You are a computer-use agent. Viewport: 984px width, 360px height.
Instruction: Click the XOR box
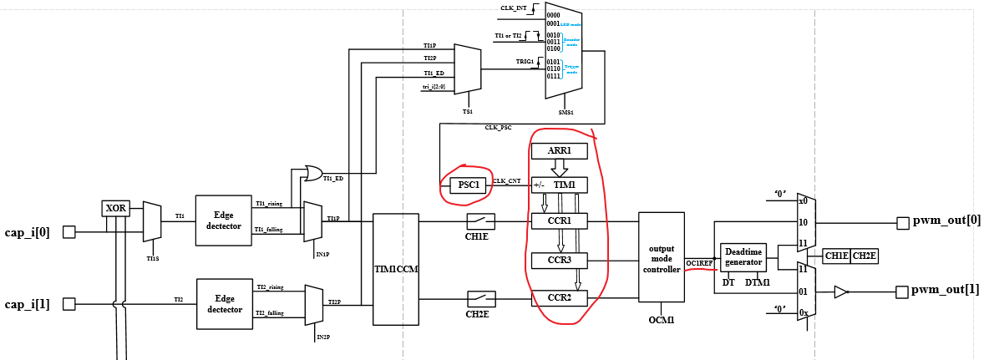click(x=117, y=209)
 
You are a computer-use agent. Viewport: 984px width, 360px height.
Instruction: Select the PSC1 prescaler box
click(x=468, y=185)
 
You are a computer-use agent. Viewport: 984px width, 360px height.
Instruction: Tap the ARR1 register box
click(x=559, y=151)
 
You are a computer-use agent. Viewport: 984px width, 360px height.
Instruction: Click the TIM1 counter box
click(x=559, y=185)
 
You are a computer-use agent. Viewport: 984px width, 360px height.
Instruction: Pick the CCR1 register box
click(x=559, y=221)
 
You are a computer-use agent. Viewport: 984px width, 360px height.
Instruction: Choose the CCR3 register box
click(x=559, y=261)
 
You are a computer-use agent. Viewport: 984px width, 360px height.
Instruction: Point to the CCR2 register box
click(x=559, y=297)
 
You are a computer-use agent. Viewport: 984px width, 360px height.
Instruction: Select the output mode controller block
click(x=661, y=257)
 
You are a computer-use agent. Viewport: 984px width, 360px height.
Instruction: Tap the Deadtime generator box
click(x=743, y=256)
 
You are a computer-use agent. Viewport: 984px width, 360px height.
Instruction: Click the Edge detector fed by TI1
click(x=223, y=221)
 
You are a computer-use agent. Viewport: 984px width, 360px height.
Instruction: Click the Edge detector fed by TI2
click(x=223, y=303)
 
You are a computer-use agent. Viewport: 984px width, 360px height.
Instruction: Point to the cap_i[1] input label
click(x=28, y=304)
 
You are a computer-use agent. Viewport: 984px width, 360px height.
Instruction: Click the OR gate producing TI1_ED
click(x=313, y=174)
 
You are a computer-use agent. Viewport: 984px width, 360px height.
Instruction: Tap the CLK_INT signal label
click(x=513, y=8)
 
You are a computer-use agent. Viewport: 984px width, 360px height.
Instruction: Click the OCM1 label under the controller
click(x=661, y=320)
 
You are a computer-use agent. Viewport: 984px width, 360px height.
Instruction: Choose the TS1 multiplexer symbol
click(x=467, y=68)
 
